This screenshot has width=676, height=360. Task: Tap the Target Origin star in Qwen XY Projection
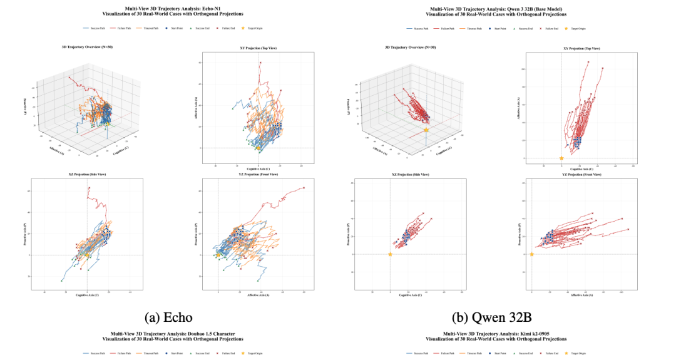click(561, 158)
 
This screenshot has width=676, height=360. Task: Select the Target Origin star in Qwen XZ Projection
click(390, 254)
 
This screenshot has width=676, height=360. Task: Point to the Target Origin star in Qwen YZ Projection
click(532, 254)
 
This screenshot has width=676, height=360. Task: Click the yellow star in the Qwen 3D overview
click(426, 130)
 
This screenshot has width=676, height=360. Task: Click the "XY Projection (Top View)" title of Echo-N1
click(252, 48)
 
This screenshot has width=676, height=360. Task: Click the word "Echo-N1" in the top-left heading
click(188, 9)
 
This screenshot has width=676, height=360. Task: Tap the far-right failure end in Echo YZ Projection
click(304, 188)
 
